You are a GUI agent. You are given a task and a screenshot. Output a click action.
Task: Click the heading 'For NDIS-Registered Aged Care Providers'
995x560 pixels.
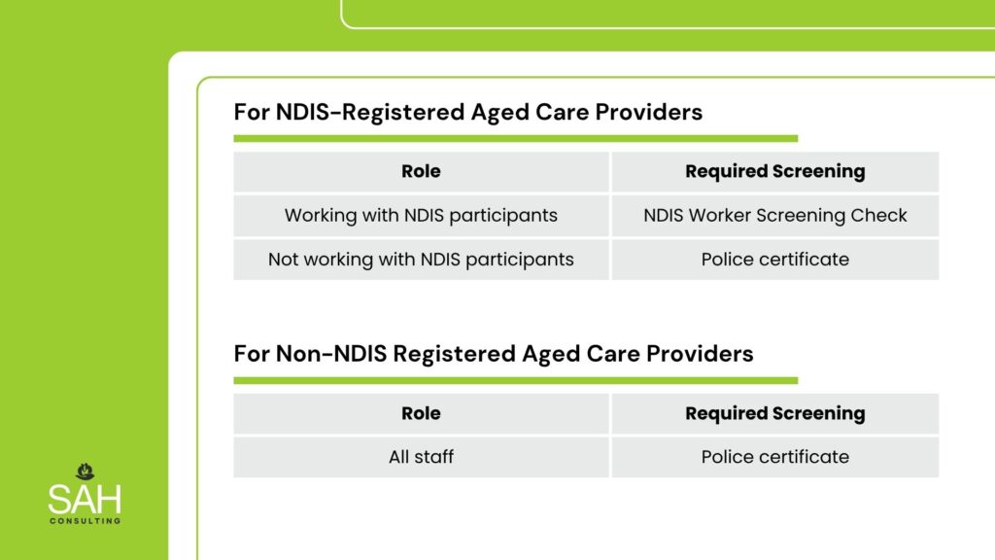[467, 112]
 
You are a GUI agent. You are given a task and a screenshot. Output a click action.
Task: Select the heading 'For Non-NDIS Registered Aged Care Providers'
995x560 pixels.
[493, 354]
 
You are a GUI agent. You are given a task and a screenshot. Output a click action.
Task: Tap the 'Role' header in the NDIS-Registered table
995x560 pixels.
[421, 171]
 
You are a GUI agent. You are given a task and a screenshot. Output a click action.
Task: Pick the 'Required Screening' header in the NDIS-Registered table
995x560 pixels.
[774, 171]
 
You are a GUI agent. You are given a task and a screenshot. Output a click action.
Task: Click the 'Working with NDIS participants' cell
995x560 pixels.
[421, 215]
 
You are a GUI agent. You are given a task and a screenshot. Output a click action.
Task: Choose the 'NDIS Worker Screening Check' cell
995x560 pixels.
[774, 215]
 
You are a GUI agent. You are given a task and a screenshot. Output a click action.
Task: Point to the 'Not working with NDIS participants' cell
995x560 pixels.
[421, 259]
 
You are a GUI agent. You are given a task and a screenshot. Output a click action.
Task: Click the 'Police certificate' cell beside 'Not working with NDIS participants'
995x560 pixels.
[774, 259]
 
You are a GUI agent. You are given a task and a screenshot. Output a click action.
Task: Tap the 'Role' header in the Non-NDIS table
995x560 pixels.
[421, 413]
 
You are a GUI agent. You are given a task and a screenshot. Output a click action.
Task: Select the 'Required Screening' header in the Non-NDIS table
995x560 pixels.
[774, 413]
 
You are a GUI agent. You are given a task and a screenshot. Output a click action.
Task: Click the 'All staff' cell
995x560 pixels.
[421, 457]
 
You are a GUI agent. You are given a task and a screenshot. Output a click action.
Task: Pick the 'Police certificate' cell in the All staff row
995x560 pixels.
[774, 457]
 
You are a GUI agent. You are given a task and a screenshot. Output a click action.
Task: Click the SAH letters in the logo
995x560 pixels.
[85, 499]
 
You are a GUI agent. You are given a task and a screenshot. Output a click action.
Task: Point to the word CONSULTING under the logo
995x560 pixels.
[86, 521]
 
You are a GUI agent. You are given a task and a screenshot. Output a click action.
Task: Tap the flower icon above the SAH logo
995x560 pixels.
[86, 472]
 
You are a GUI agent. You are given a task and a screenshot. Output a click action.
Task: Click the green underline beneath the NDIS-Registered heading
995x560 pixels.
[515, 138]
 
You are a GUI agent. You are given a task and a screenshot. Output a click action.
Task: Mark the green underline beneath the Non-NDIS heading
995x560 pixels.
[515, 380]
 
